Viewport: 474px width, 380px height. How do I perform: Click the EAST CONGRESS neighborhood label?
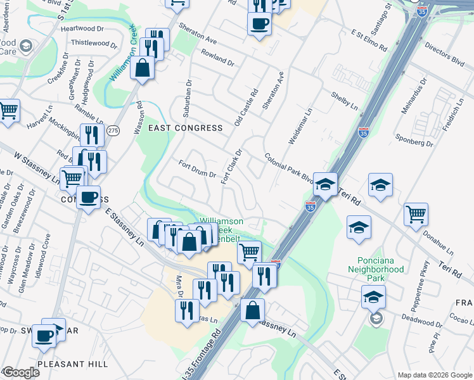tap(185, 128)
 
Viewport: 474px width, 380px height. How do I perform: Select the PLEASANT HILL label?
tap(72, 364)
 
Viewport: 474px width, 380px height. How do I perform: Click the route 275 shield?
tap(113, 130)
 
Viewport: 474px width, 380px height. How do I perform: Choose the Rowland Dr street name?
tap(217, 59)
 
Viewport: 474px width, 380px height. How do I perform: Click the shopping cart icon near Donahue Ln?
tap(416, 215)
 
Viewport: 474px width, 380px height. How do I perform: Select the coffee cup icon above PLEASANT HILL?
tap(44, 335)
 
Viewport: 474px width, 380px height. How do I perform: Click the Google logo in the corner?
tap(20, 372)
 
